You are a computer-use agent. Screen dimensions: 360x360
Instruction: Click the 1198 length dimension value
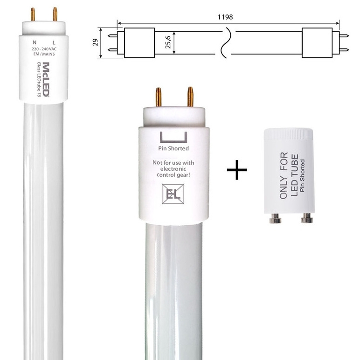[225, 17]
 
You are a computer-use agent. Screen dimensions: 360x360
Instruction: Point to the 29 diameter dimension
[95, 42]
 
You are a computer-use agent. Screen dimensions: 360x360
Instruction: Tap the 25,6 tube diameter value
[168, 42]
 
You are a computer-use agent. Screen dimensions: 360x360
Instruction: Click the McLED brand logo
[46, 79]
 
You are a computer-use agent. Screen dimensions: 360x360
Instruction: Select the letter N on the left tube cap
[35, 42]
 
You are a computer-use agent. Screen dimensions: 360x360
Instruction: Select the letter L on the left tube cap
[54, 42]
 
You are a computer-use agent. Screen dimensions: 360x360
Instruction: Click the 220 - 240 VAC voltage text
[44, 49]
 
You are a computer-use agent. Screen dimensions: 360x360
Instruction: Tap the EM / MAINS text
[44, 54]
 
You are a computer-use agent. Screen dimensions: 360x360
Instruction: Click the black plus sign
[237, 170]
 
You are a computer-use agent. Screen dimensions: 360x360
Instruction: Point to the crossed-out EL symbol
[173, 194]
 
